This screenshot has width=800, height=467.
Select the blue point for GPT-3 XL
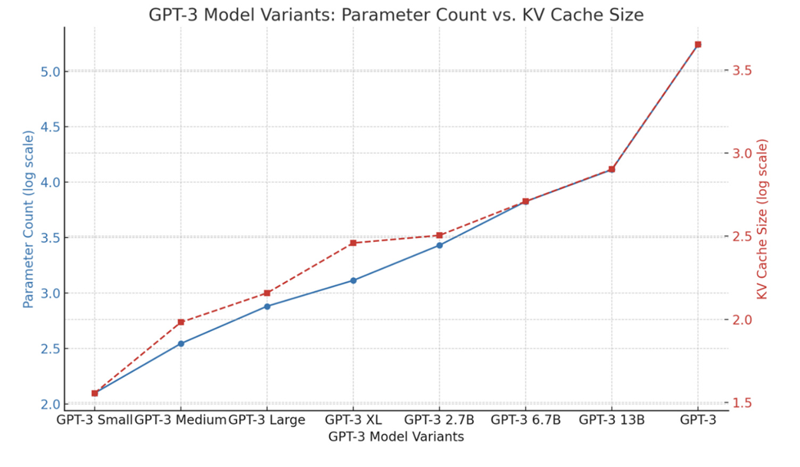click(x=353, y=280)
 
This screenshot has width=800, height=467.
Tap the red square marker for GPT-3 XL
click(x=353, y=243)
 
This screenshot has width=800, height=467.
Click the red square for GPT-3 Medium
click(x=180, y=322)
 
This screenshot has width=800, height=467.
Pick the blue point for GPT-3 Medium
click(x=180, y=343)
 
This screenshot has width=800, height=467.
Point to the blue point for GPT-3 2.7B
click(x=439, y=245)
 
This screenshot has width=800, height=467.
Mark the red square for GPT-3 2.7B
click(x=439, y=235)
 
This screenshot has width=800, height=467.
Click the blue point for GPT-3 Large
click(x=267, y=306)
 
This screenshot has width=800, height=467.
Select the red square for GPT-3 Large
click(x=267, y=293)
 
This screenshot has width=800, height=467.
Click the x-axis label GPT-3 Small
click(x=94, y=419)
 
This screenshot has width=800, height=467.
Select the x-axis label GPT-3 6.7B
click(x=526, y=419)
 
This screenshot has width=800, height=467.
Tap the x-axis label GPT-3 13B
click(x=612, y=419)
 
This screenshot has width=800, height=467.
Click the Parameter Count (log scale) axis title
click(x=28, y=219)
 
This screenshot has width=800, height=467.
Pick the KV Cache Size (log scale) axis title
click(x=762, y=219)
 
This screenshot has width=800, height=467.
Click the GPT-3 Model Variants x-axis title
click(x=395, y=436)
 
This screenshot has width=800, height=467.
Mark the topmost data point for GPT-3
click(x=697, y=45)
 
